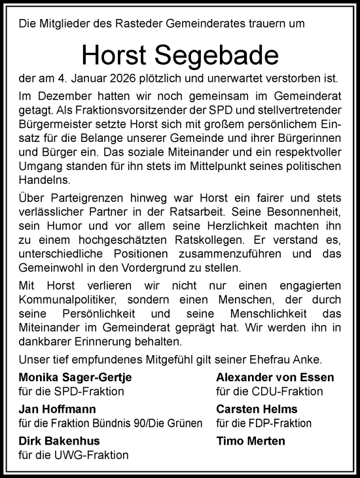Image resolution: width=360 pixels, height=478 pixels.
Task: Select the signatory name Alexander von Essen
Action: coord(275,377)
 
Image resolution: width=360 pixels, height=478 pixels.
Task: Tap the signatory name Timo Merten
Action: coord(251,441)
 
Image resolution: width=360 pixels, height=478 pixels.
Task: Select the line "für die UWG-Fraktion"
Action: coord(73,454)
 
